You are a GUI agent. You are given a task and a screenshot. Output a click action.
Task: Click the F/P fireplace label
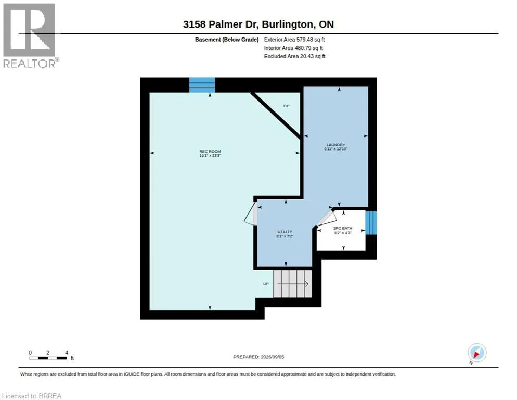point(287,106)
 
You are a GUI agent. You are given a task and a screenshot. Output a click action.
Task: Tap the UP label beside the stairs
point(266,284)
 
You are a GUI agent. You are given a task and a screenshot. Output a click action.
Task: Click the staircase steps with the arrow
point(292,284)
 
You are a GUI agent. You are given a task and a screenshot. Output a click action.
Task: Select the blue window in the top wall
point(202,85)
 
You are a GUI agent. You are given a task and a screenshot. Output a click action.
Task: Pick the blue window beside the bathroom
point(371,223)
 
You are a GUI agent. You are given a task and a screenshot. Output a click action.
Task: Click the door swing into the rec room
point(250,214)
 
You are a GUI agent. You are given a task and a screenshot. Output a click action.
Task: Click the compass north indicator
point(477,353)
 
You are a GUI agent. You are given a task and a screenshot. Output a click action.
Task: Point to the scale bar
point(48,358)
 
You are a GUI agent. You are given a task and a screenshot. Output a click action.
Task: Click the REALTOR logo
point(30,35)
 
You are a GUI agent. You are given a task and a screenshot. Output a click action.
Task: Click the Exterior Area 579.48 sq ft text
point(294,40)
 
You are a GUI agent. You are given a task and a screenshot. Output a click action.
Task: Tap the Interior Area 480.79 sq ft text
point(293,48)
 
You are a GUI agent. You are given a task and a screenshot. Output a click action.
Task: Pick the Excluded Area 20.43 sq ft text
point(294,56)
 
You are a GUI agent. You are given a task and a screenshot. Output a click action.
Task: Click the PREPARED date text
point(258,357)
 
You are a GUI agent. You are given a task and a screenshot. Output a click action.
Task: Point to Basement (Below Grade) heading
point(227,40)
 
